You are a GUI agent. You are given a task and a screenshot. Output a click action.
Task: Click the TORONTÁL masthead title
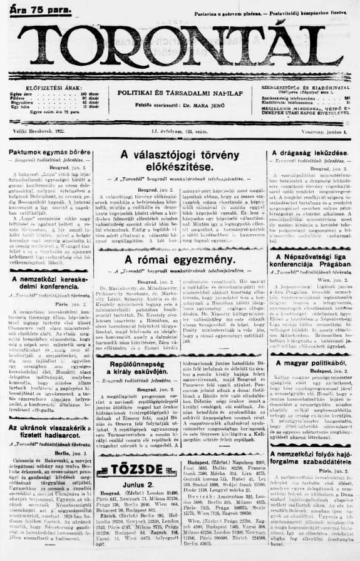tap(182, 47)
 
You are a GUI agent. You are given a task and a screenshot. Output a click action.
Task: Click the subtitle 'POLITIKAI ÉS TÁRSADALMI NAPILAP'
tap(180, 93)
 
